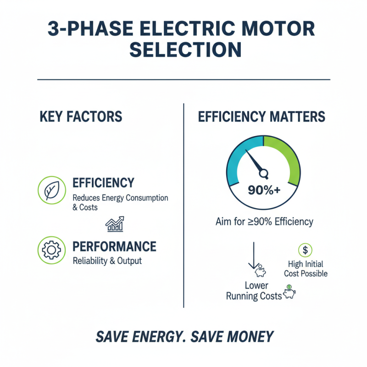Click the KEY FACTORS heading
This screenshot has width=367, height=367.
tap(81, 116)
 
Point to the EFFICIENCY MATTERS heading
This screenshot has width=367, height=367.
tap(261, 116)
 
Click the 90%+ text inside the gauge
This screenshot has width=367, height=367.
tap(263, 189)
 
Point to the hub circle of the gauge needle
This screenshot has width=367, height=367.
tap(264, 173)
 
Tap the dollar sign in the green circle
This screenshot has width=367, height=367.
tap(305, 250)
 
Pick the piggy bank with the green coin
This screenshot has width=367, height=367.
tap(289, 293)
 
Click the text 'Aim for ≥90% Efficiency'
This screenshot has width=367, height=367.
tap(264, 222)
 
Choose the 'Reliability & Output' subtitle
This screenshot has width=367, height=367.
tap(107, 261)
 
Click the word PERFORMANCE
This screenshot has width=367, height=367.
tap(114, 246)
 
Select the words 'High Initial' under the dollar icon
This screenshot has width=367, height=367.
tap(306, 264)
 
